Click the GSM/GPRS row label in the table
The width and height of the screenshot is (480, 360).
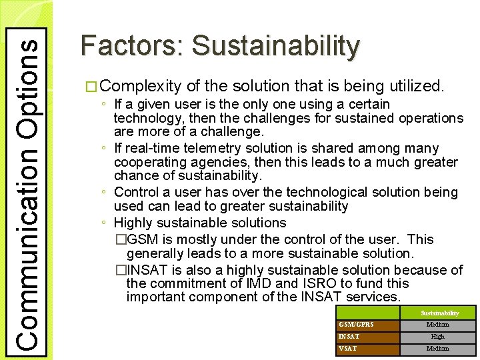coord(357,325)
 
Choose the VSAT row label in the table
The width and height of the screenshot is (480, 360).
coord(347,349)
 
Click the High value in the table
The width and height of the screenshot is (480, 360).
coord(438,337)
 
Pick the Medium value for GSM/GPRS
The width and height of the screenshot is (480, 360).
coord(438,325)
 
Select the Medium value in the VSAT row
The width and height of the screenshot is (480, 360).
coord(438,349)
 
